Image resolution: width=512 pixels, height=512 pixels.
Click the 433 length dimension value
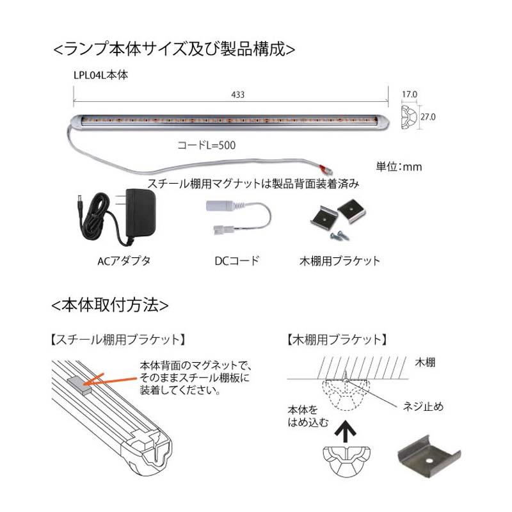[237, 95]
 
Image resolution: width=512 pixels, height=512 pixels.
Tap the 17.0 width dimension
[410, 94]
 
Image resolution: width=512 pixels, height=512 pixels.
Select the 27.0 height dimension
[428, 116]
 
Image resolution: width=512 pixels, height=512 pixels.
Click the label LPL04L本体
[100, 75]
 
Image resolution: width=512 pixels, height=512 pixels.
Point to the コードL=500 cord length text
[206, 145]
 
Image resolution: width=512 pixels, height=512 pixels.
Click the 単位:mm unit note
[399, 167]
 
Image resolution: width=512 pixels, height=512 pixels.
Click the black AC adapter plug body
[139, 214]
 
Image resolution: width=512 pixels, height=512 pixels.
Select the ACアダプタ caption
[124, 261]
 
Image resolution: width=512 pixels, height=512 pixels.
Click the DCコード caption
[237, 261]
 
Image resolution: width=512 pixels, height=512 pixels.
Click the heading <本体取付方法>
[110, 305]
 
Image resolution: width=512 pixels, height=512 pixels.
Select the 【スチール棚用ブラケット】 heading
[118, 340]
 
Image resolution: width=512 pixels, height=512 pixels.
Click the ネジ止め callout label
[423, 406]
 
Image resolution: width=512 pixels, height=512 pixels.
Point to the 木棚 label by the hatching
[425, 362]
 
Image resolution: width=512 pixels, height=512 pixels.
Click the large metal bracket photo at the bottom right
[429, 456]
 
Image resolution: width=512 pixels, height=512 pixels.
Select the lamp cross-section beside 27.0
[409, 117]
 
